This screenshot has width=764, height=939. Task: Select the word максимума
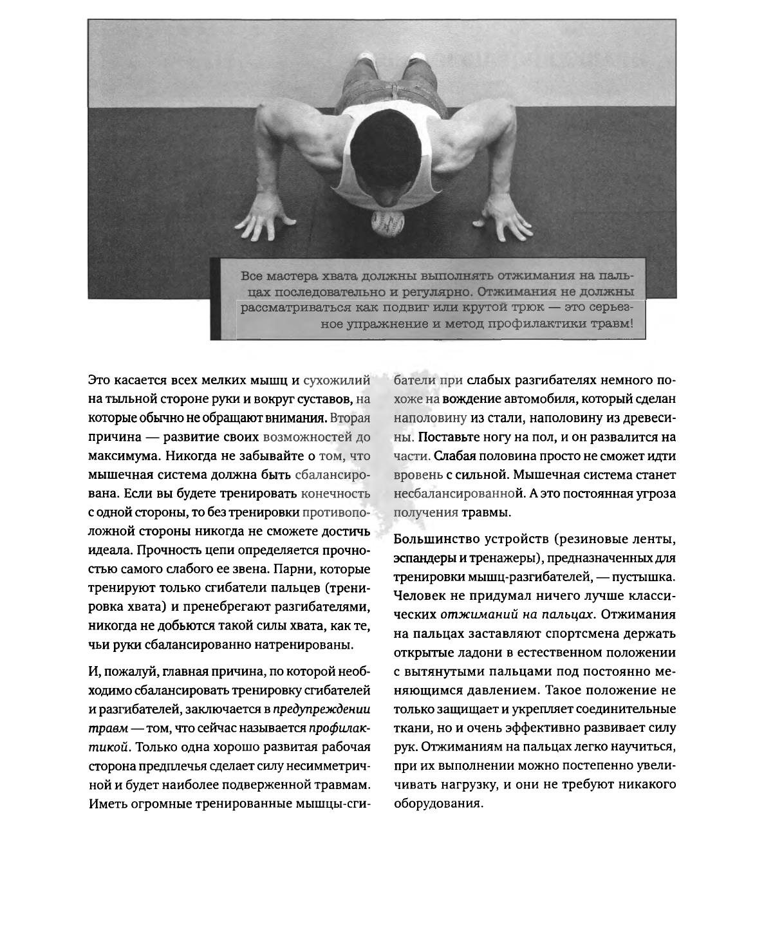122,456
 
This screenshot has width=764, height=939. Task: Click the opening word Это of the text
100,380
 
